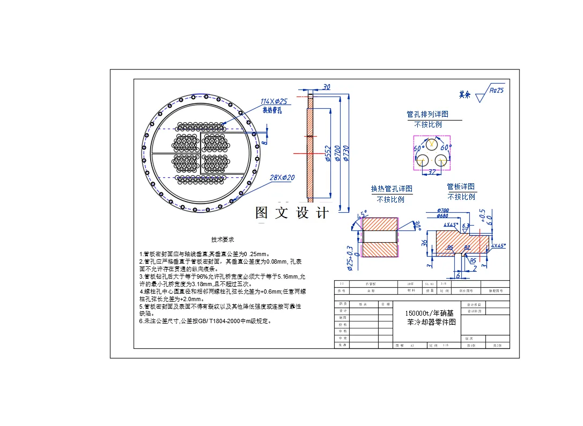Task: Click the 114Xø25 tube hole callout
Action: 274,101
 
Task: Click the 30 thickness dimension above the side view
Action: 327,87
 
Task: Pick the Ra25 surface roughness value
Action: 497,91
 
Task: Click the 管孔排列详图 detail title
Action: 427,114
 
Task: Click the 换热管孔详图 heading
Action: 392,189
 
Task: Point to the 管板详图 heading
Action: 461,186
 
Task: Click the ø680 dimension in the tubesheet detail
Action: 442,216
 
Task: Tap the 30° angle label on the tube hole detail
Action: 418,226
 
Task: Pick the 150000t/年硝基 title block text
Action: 428,313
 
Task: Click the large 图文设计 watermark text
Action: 292,213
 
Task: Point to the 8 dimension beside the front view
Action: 264,143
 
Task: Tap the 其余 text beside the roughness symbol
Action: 464,95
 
